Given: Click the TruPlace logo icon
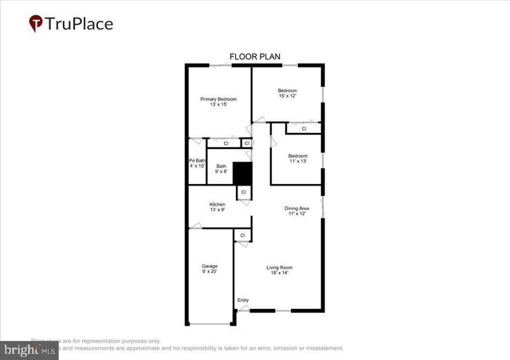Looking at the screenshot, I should tap(36, 24).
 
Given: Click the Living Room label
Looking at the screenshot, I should tap(280, 267).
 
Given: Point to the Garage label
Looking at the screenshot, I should tap(210, 266).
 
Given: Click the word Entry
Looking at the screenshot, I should tap(243, 299).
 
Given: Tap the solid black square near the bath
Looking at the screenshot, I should tap(241, 173).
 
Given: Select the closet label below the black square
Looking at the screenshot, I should tap(243, 193).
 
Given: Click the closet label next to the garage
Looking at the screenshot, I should tap(241, 236).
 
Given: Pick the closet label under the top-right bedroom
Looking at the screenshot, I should tap(304, 128).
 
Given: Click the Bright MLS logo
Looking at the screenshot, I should tap(29, 348).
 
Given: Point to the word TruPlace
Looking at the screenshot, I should tap(80, 24).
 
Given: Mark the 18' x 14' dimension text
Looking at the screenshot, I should tap(280, 273).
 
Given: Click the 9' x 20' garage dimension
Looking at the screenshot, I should tap(210, 272).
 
